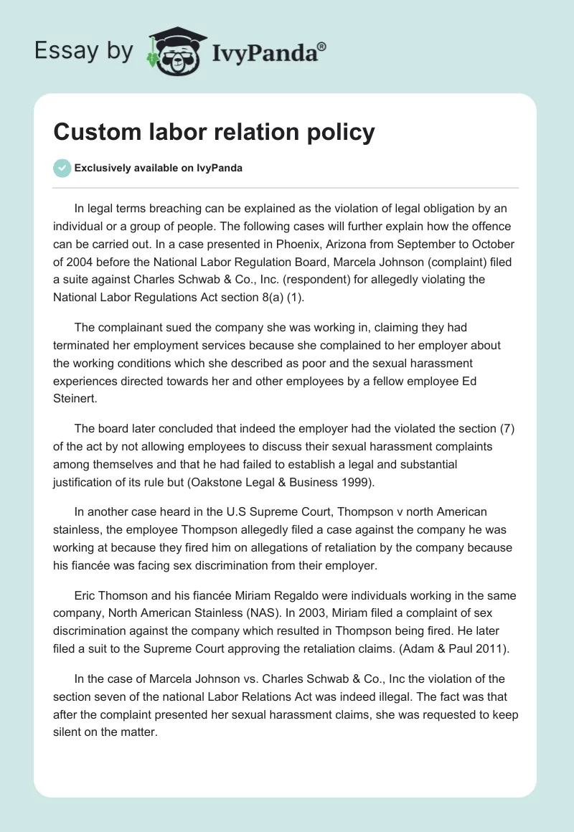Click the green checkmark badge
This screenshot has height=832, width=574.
[x=62, y=168]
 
